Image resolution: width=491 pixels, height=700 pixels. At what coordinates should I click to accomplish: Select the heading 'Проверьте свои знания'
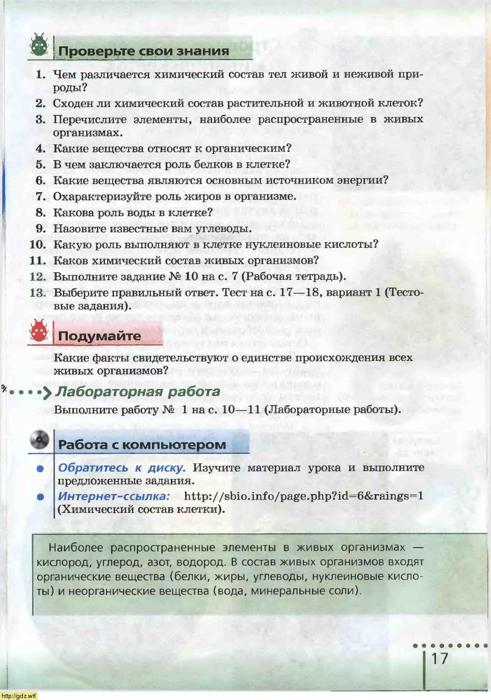point(143,51)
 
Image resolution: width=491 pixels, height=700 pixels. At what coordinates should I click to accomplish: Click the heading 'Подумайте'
point(99,336)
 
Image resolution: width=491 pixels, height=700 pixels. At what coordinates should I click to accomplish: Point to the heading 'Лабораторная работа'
point(138,392)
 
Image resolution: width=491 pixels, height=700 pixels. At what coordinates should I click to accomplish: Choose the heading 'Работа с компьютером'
point(142,445)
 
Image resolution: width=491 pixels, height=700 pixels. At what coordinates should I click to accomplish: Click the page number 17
point(440,659)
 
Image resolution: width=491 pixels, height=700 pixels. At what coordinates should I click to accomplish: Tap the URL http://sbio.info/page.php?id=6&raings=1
point(303,496)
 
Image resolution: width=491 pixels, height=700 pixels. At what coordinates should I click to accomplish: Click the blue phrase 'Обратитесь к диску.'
point(121,468)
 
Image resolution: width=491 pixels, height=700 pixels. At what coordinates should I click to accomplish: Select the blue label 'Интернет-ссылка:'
point(113,496)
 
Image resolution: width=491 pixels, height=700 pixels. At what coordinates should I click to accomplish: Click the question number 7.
point(41,197)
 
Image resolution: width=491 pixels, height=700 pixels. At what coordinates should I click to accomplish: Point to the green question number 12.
point(38,277)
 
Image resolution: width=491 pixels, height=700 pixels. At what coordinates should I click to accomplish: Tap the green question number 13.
point(38,293)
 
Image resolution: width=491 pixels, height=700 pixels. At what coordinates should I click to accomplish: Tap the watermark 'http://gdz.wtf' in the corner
point(19,695)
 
